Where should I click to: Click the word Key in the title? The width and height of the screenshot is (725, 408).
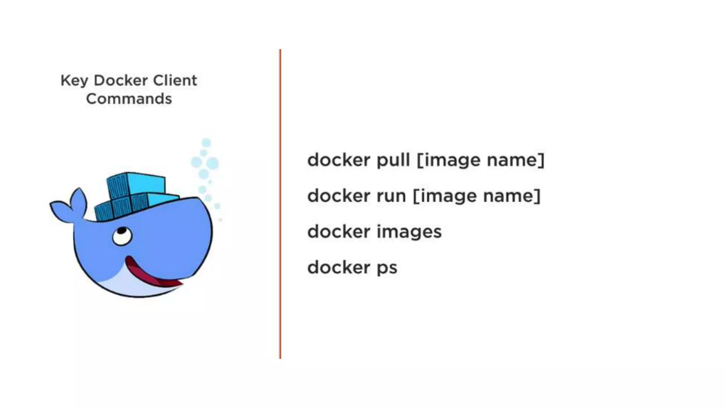74,81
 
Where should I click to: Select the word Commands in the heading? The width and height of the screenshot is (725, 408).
129,99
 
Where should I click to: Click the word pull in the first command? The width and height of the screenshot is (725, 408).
393,160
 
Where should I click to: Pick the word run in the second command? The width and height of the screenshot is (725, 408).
391,196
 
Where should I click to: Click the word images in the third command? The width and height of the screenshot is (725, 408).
409,232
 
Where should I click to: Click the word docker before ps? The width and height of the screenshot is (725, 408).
338,267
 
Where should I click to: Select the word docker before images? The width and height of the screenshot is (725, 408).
338,232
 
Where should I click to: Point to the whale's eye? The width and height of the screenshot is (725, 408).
122,236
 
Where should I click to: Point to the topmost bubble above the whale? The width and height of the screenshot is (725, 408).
206,143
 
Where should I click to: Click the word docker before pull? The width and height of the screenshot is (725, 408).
338,160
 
